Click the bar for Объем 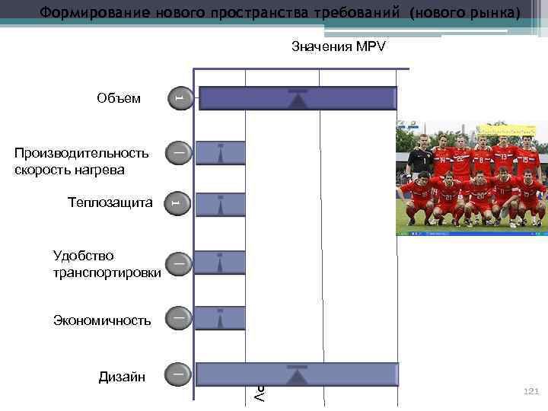point(298,99)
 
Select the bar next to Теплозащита point(221,205)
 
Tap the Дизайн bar point(298,374)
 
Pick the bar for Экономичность point(221,318)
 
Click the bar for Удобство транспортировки point(221,263)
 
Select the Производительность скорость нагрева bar point(221,153)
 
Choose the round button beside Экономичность point(177,317)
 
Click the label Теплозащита point(110,202)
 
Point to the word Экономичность point(102,320)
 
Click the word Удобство point(84,255)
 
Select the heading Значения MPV point(339,47)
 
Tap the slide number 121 point(530,390)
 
